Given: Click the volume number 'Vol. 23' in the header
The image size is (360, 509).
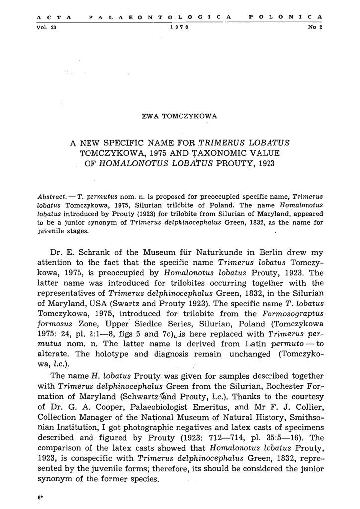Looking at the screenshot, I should click(46, 27).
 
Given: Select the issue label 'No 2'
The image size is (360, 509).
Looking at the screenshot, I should click(315, 27).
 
